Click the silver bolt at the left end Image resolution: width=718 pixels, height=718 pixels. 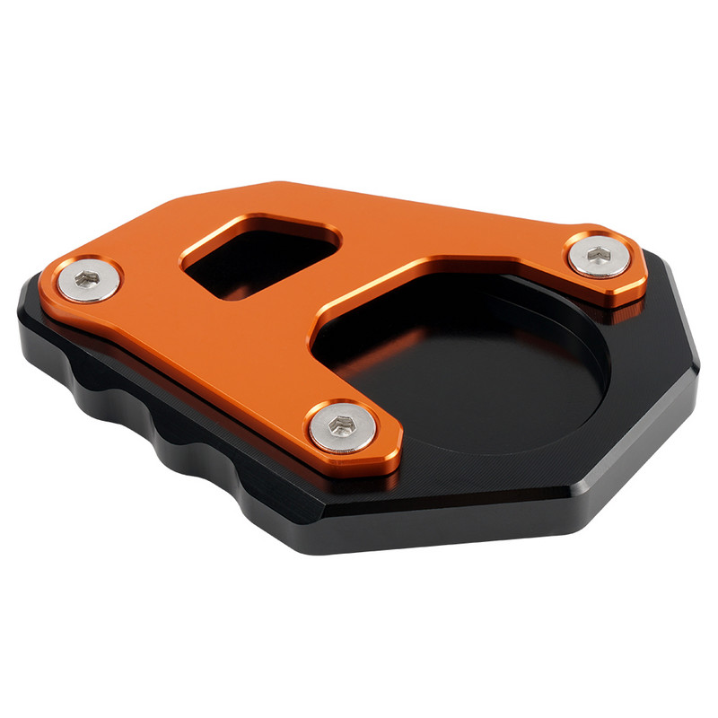tap(87, 281)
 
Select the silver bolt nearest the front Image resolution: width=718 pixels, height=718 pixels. tap(342, 428)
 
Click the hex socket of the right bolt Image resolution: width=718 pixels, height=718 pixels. tap(598, 257)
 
